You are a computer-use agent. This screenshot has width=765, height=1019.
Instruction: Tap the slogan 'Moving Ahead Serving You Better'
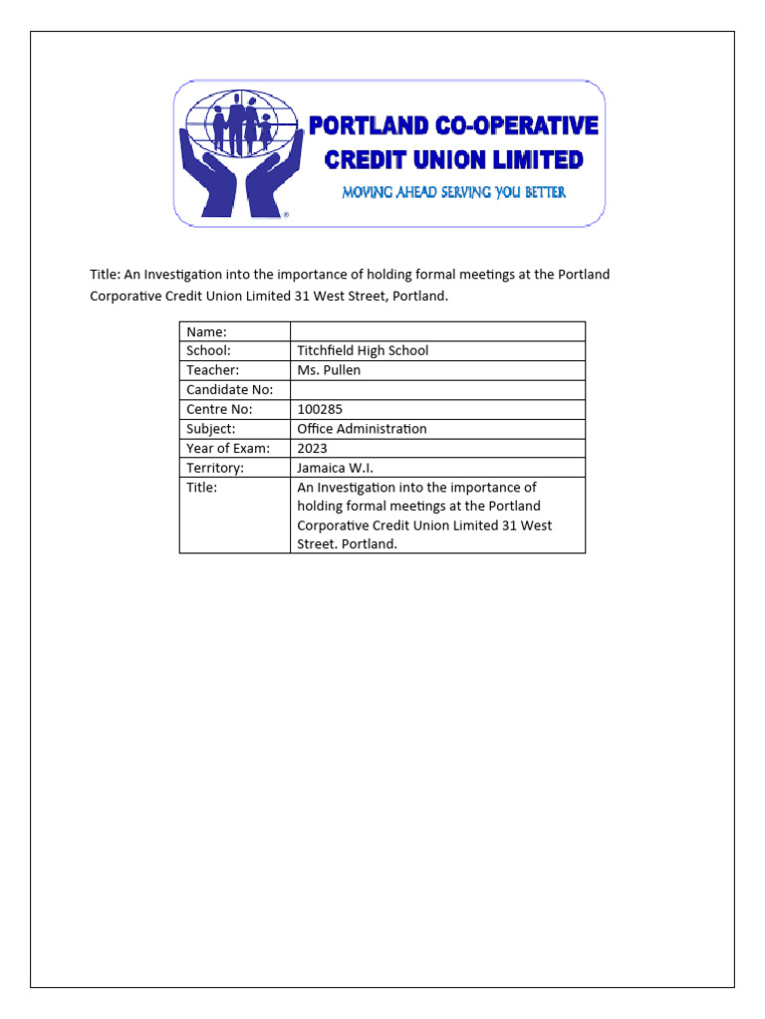pyautogui.click(x=453, y=192)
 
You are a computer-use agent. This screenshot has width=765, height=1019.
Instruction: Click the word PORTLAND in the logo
pyautogui.click(x=368, y=126)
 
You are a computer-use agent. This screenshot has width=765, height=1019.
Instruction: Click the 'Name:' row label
pyautogui.click(x=206, y=331)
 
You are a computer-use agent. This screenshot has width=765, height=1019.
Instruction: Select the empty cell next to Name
pyautogui.click(x=437, y=331)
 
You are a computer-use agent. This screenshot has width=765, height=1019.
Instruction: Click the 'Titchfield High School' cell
pyautogui.click(x=363, y=350)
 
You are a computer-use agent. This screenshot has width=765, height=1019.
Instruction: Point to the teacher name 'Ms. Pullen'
pyautogui.click(x=329, y=370)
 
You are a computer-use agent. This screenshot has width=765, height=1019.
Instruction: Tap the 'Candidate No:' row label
pyautogui.click(x=229, y=390)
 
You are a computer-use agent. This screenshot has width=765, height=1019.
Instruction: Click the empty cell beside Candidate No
pyautogui.click(x=437, y=390)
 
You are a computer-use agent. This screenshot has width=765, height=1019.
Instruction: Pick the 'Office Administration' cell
pyautogui.click(x=362, y=429)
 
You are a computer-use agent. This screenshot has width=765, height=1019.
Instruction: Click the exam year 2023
pyautogui.click(x=312, y=448)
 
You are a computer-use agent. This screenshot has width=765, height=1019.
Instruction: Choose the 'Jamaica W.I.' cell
pyautogui.click(x=334, y=468)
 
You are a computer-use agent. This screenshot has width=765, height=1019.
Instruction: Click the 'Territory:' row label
pyautogui.click(x=214, y=468)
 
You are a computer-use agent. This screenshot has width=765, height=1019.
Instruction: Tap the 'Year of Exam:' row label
pyautogui.click(x=228, y=448)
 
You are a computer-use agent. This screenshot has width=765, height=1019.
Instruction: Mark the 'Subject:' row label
pyautogui.click(x=210, y=429)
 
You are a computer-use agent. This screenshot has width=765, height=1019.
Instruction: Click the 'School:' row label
pyautogui.click(x=208, y=350)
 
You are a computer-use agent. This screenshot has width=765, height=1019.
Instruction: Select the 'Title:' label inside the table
pyautogui.click(x=201, y=488)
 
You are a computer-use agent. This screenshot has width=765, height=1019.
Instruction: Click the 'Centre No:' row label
pyautogui.click(x=219, y=409)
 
